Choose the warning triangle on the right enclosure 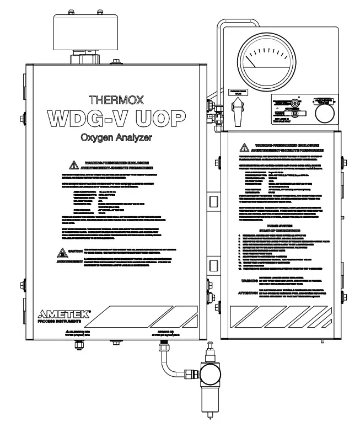coord(243,147)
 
